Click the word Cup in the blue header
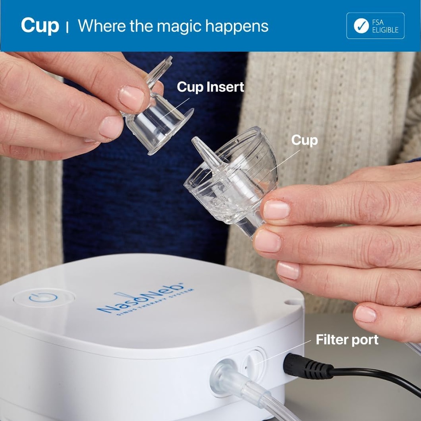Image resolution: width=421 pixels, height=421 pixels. tap(40, 26)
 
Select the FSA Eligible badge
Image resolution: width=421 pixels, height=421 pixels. tap(375, 25)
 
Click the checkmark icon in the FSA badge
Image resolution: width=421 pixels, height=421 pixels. tap(361, 25)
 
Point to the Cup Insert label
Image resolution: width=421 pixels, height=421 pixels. tap(210, 87)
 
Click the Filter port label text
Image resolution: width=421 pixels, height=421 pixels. tap(347, 340)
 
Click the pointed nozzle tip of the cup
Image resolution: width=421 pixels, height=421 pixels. tap(196, 142)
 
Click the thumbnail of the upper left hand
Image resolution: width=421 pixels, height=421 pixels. tap(131, 98)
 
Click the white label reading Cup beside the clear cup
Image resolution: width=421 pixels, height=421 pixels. tap(304, 140)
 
